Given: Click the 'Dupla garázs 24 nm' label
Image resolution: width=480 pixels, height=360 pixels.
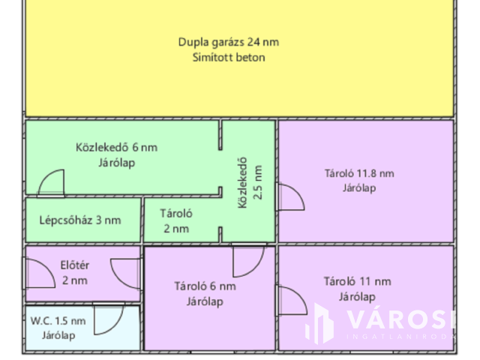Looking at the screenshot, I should point(233,42).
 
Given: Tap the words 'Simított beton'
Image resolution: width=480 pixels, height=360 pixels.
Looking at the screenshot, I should point(233,57).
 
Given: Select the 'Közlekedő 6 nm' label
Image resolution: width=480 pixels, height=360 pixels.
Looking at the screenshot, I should point(116,147).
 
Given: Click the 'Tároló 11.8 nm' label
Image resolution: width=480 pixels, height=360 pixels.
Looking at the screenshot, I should point(359,173).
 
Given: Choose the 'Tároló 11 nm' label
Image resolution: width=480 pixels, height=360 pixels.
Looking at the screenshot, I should point(358,282).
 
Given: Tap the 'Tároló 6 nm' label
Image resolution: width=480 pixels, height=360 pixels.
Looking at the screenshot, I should point(205,286).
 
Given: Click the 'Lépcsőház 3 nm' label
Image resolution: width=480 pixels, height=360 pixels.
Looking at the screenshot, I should point(79,220).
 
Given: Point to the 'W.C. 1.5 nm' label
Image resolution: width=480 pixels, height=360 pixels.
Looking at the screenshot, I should point(58,321).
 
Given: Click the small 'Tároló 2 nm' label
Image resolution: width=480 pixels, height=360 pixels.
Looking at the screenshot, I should point(176,220).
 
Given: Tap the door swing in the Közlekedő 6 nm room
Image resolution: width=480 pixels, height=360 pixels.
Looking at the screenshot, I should point(52,184).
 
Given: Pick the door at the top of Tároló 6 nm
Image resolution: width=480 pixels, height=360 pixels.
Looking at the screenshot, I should point(248,260).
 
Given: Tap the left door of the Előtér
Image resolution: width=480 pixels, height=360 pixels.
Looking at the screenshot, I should point(40,273).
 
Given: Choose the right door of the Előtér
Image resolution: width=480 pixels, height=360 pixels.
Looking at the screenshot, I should point(126,273).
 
